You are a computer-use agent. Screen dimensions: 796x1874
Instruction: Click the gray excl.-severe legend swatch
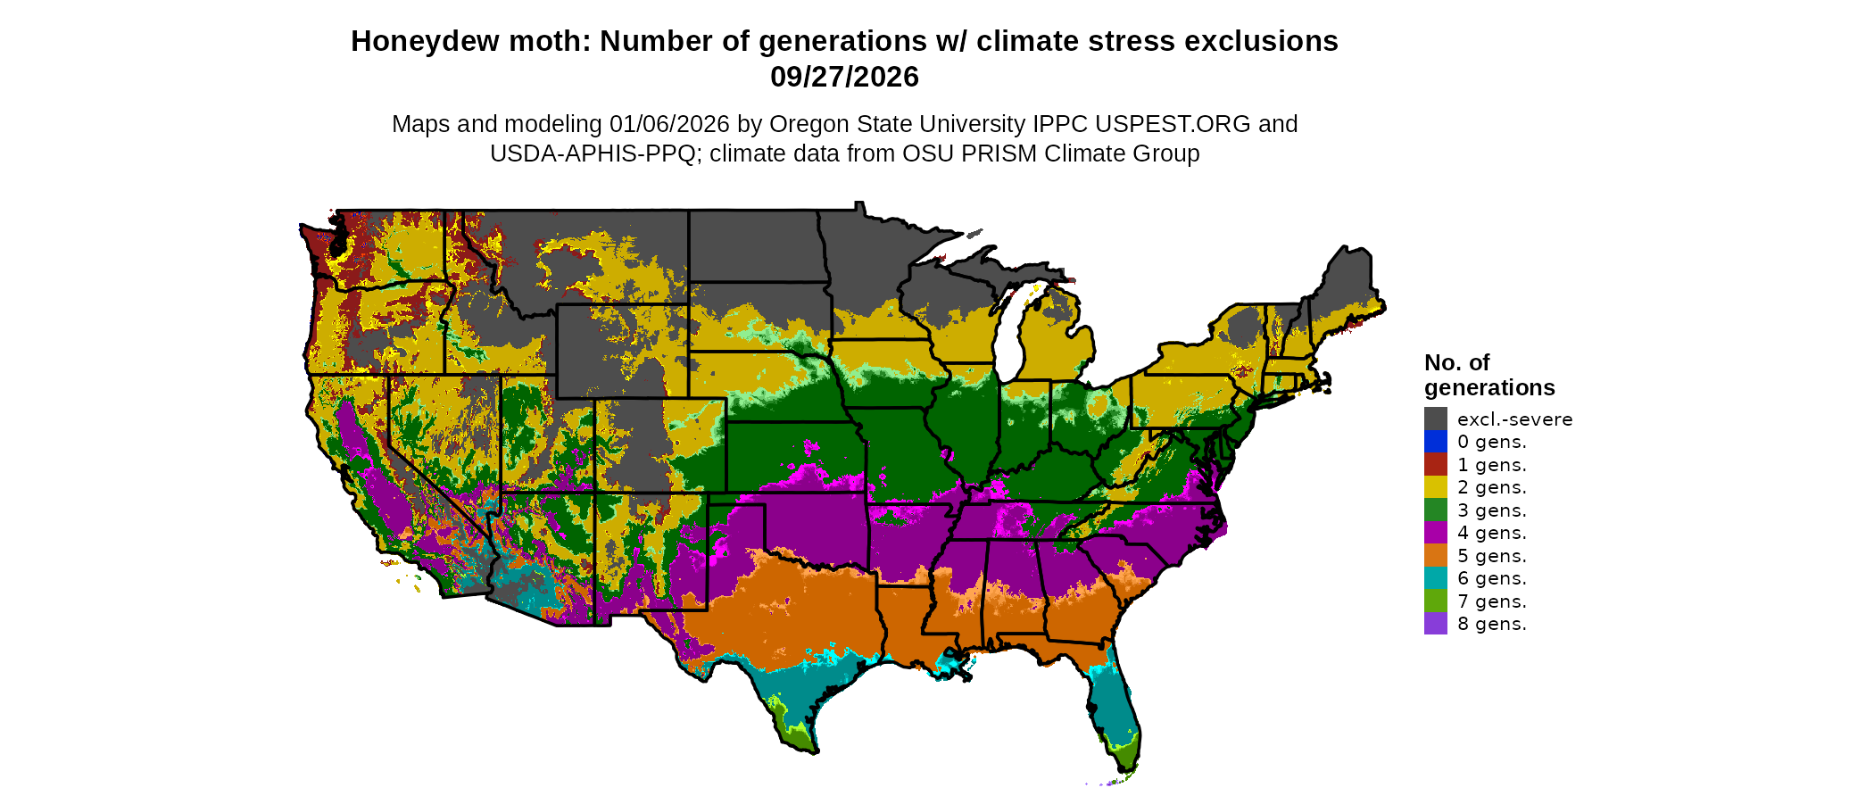pos(1435,419)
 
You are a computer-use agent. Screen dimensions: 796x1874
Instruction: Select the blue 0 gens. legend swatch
pos(1435,442)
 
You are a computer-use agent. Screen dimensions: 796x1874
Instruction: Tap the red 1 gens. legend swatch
pos(1435,464)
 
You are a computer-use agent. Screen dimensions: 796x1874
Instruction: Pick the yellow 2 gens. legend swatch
pos(1435,487)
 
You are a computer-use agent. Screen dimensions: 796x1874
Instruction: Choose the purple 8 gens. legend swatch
pos(1435,624)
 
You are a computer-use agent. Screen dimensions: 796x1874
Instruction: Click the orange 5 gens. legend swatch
pos(1435,555)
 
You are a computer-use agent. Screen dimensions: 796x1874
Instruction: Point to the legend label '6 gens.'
pos(1491,578)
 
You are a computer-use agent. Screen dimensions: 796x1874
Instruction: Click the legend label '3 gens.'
pos(1491,510)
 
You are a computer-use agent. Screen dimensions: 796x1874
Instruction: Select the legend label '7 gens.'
pos(1491,601)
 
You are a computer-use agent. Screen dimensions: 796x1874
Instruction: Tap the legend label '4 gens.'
pos(1491,533)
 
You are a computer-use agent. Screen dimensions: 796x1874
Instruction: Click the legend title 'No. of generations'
pos(1488,375)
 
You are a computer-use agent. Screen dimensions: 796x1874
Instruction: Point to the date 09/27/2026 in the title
pos(844,77)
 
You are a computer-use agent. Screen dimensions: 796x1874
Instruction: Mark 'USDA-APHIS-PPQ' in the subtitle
pos(593,153)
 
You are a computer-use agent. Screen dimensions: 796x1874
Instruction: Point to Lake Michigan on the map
pos(1007,339)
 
